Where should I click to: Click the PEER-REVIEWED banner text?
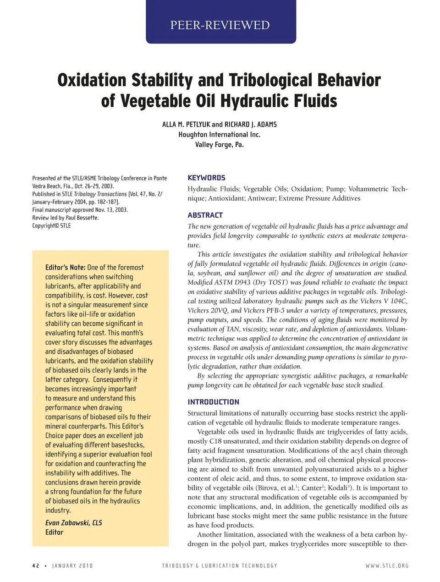coord(220,25)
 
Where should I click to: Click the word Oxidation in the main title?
coord(92,80)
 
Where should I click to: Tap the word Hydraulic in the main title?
coord(247,101)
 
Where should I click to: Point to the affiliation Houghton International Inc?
coord(219,134)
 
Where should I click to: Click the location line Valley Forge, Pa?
coord(219,144)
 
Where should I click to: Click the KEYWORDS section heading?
coord(206,178)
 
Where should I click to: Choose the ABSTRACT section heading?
coord(205,215)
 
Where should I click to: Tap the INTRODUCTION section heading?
coord(213,402)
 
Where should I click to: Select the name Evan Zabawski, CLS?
coord(73,522)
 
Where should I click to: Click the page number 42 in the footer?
coord(36,566)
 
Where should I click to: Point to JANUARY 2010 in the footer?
coord(72,566)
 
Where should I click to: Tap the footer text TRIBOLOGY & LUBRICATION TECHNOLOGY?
coord(220,566)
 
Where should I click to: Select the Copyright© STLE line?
coord(51,225)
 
